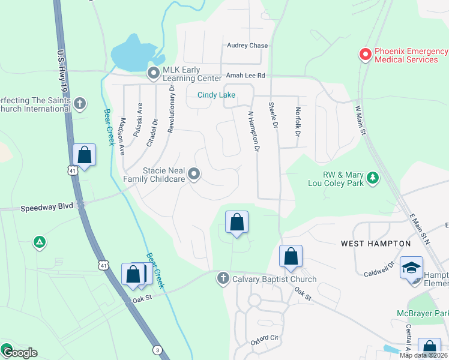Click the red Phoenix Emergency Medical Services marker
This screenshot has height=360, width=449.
point(365,55)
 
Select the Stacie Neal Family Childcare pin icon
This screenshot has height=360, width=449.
point(194,175)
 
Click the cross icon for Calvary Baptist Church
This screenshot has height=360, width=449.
point(223,278)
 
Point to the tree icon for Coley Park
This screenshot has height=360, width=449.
point(373,178)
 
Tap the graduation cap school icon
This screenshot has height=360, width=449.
point(411,268)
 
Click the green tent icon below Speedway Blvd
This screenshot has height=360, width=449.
point(39,242)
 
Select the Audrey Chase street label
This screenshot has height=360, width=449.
point(247,46)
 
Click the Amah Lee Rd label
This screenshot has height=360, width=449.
point(246,76)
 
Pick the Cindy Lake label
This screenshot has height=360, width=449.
point(217,95)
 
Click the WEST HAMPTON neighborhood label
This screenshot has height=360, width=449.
point(376,244)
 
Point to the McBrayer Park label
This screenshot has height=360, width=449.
point(423,313)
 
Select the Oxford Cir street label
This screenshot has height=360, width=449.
point(265,340)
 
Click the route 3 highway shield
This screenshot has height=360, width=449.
point(157,350)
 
